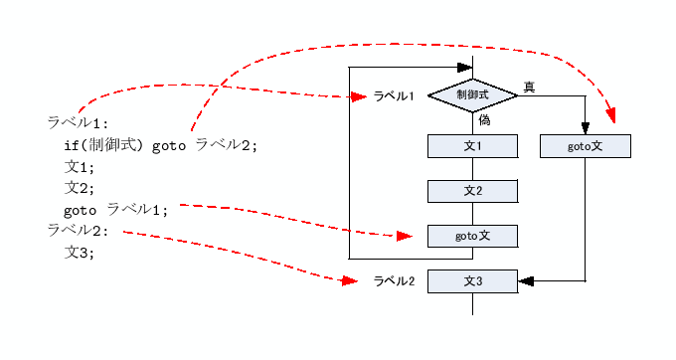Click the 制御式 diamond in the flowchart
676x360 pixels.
tap(473, 95)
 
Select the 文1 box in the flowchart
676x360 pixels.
tap(473, 146)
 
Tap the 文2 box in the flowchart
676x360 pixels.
tap(473, 191)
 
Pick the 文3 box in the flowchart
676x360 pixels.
tap(473, 281)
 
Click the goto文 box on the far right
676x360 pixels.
tap(585, 146)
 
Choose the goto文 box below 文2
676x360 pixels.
tap(473, 236)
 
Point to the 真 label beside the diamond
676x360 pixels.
tap(529, 88)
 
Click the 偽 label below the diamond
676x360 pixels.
tap(484, 119)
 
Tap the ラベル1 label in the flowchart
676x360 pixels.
tap(394, 96)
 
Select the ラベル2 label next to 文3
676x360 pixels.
tap(394, 281)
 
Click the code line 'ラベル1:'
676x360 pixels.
tap(78, 123)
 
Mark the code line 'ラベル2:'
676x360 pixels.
tap(78, 231)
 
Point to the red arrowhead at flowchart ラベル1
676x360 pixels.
tap(362, 96)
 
